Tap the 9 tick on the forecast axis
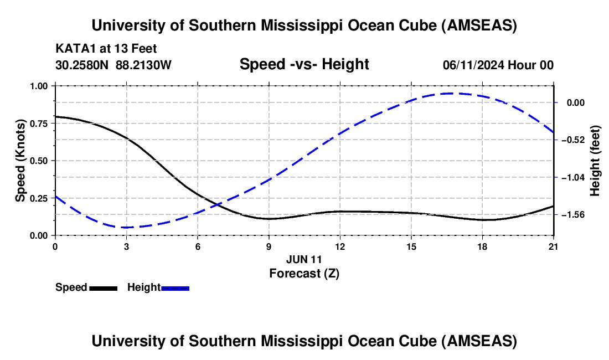[x=269, y=247]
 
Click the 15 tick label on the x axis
[x=411, y=247]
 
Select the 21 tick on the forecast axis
[x=554, y=247]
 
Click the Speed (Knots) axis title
[x=20, y=161]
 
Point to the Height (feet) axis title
[x=595, y=161]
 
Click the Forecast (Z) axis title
[x=304, y=272]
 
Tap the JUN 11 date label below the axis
[x=304, y=259]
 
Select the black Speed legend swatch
[x=103, y=287]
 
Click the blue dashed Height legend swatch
[x=175, y=287]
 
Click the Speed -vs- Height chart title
[x=304, y=64]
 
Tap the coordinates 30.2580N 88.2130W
[x=113, y=65]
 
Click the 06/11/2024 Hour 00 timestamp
[x=498, y=65]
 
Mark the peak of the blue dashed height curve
[x=450, y=93]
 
